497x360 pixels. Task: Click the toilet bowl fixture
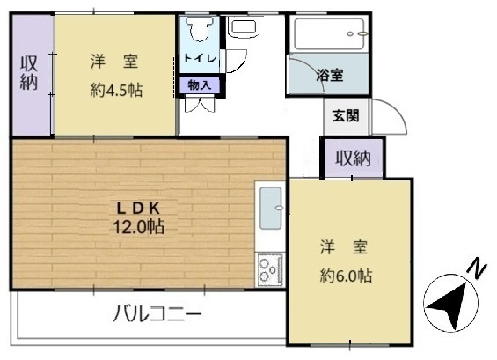pyautogui.click(x=200, y=28)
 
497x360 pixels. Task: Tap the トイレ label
pyautogui.click(x=200, y=58)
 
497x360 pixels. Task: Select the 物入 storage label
pyautogui.click(x=200, y=85)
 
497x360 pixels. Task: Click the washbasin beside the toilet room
pyautogui.click(x=244, y=26)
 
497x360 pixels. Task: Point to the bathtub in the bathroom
pyautogui.click(x=330, y=34)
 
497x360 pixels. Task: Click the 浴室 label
pyautogui.click(x=330, y=76)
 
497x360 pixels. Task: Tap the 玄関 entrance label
pyautogui.click(x=346, y=116)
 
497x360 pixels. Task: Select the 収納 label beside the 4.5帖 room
pyautogui.click(x=29, y=73)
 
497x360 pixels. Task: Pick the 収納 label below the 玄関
pyautogui.click(x=354, y=158)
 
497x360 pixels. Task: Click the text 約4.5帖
pyautogui.click(x=116, y=91)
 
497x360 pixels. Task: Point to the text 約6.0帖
pyautogui.click(x=346, y=276)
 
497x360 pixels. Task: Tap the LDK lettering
pyautogui.click(x=138, y=209)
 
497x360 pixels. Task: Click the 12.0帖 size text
pyautogui.click(x=138, y=227)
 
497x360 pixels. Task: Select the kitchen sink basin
pyautogui.click(x=271, y=208)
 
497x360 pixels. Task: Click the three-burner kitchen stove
pyautogui.click(x=271, y=269)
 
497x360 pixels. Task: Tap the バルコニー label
pyautogui.click(x=157, y=313)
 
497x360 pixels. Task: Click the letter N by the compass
pyautogui.click(x=477, y=267)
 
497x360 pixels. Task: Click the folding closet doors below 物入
pyautogui.click(x=200, y=105)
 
